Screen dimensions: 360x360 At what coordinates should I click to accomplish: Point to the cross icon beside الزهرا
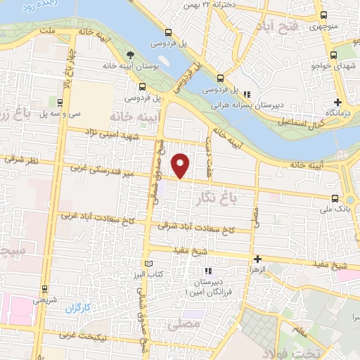257,259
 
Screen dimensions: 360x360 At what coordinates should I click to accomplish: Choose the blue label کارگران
79,308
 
